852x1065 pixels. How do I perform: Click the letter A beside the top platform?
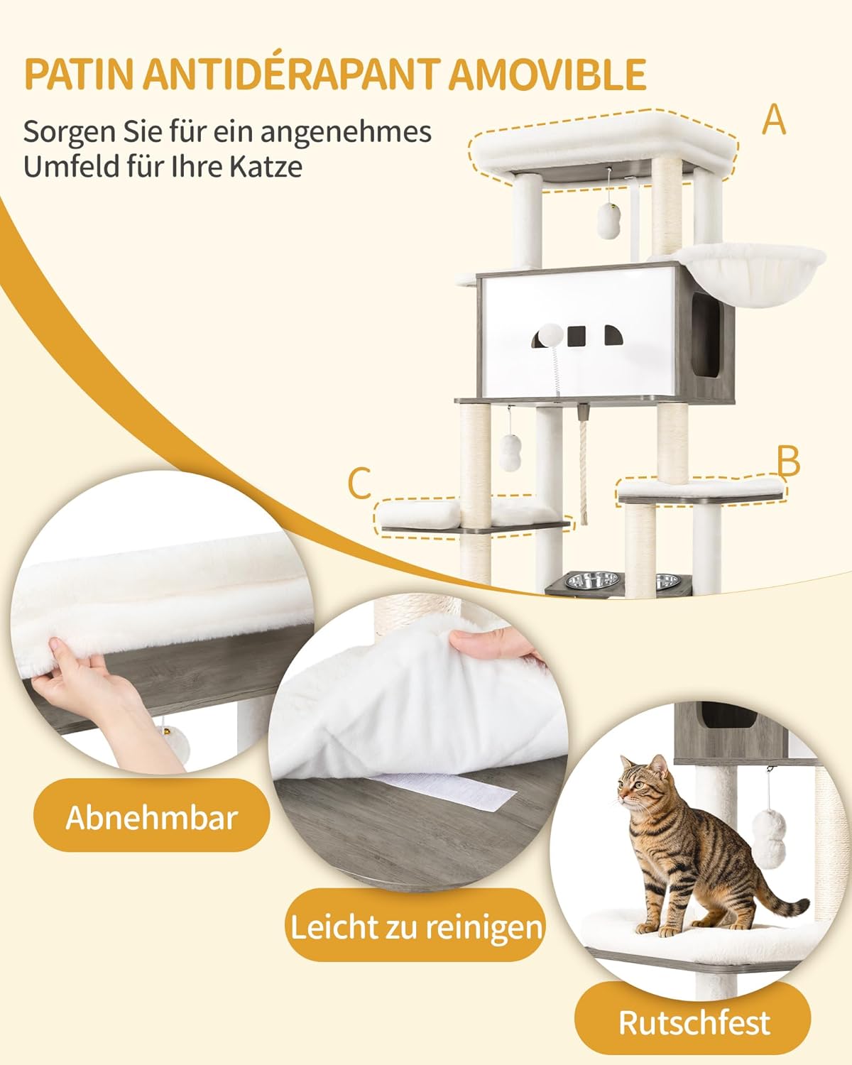[773, 120]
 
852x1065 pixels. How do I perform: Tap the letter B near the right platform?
[788, 461]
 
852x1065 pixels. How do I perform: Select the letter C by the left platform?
[359, 483]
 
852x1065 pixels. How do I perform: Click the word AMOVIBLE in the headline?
[547, 75]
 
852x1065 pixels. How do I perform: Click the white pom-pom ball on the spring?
[551, 334]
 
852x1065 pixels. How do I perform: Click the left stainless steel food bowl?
[593, 580]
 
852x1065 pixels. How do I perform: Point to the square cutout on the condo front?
[577, 336]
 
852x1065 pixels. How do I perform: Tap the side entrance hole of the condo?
[705, 334]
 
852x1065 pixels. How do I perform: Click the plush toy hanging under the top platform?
[609, 219]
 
